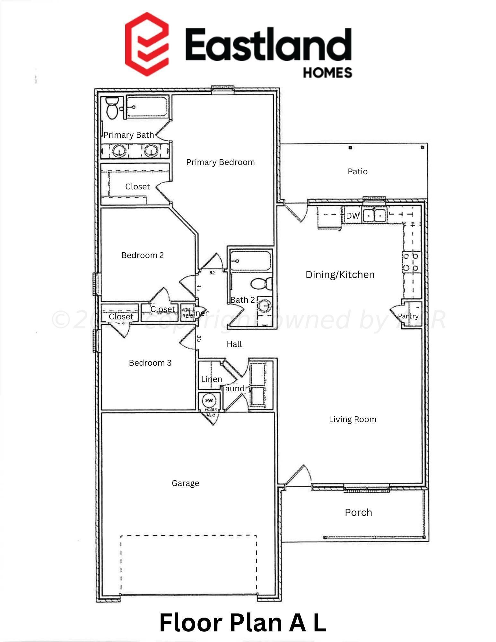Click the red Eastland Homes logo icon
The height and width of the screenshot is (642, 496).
click(x=147, y=44)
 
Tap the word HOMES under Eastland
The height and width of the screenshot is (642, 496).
click(x=327, y=73)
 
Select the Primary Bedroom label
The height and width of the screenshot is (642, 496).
click(x=220, y=162)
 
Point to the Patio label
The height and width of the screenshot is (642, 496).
click(x=357, y=171)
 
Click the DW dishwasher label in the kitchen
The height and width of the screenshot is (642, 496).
click(x=352, y=216)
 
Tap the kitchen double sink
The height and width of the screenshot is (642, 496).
click(x=374, y=215)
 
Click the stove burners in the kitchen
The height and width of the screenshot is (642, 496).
click(x=411, y=262)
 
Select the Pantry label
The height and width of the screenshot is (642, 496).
click(x=408, y=316)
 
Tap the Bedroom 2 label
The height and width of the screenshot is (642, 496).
click(x=142, y=255)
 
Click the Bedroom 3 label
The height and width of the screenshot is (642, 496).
click(x=150, y=363)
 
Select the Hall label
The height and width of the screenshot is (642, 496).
click(x=234, y=344)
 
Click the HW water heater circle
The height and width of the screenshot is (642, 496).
click(x=209, y=401)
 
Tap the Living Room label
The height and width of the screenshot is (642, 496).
click(x=352, y=419)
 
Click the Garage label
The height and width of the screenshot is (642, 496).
click(x=185, y=483)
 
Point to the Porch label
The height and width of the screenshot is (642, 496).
click(x=358, y=513)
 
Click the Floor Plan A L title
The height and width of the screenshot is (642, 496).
click(x=243, y=623)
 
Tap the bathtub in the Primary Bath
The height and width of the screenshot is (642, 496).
click(x=147, y=107)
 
